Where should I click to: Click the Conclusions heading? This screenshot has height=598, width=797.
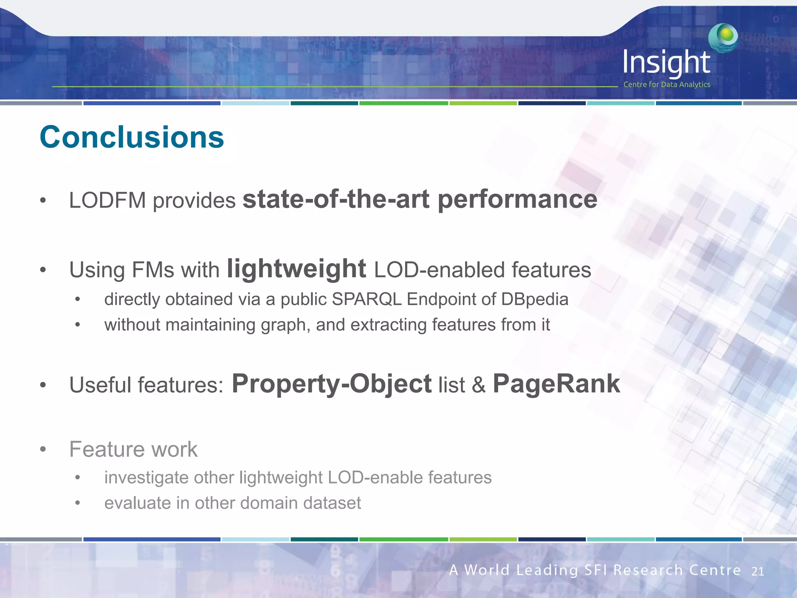[x=132, y=137]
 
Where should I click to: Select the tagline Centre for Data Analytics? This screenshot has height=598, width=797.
[x=666, y=84]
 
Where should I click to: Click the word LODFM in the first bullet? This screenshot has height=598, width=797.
[x=107, y=201]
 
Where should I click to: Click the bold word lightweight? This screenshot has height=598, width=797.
[x=296, y=269]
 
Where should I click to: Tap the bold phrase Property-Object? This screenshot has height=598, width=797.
[x=331, y=384]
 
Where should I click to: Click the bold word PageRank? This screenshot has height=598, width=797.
[x=556, y=384]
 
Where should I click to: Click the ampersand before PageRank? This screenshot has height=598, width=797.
[x=479, y=385]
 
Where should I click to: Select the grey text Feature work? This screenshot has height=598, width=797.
[x=133, y=449]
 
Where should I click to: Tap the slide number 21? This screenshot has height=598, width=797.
[x=757, y=572]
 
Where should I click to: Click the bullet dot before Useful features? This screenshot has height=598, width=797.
[x=43, y=385]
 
